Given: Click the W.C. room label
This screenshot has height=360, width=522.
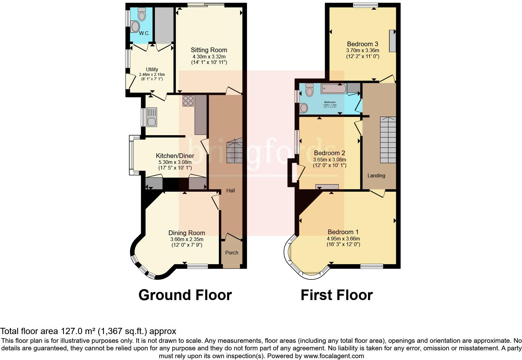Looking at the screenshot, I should tap(144, 33).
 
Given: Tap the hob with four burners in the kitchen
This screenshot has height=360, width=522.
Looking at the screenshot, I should tap(188, 101).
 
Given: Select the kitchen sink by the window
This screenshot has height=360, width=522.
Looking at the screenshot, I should tap(152, 117).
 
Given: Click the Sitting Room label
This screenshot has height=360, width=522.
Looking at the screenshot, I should tap(209, 50).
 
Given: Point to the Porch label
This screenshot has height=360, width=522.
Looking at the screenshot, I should tap(232, 253).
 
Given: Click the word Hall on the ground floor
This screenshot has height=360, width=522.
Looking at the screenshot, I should tap(230, 190).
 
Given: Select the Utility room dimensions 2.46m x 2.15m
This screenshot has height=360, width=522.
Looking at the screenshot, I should tap(152, 75).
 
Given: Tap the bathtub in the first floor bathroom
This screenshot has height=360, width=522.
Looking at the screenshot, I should tap(334, 89).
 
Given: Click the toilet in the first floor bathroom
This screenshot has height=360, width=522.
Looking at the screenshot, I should tap(309, 90).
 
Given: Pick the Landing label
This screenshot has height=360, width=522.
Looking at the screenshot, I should tap(376, 175).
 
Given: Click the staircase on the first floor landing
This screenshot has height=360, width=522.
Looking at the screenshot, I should tap(388, 140).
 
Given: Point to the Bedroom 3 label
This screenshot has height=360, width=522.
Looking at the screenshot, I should tap(362, 44).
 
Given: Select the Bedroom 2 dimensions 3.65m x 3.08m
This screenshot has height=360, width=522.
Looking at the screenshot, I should tap(329, 160).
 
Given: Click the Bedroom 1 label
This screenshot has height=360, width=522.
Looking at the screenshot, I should tap(343, 232).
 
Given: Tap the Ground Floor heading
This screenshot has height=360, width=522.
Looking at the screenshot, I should tap(185, 295).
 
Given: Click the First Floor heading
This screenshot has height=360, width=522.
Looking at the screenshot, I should tap(336, 295).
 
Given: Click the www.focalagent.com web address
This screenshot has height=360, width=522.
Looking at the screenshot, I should tap(333, 356).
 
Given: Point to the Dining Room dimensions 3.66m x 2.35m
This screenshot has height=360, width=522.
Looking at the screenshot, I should tap(186, 239).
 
